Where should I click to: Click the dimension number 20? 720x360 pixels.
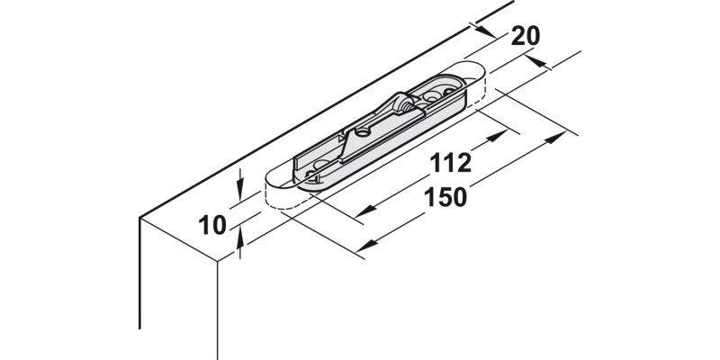pos(526,36)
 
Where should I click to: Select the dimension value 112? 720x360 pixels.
pos(451,163)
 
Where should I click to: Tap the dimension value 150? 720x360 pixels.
pos(445,197)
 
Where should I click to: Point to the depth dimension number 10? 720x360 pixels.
pos(212,226)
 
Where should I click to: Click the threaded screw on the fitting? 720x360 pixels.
pos(407,105)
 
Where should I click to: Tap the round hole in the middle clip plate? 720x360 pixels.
pos(364,132)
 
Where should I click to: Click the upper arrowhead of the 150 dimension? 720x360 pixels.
pos(555,137)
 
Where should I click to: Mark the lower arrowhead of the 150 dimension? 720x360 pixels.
pos(366,246)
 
